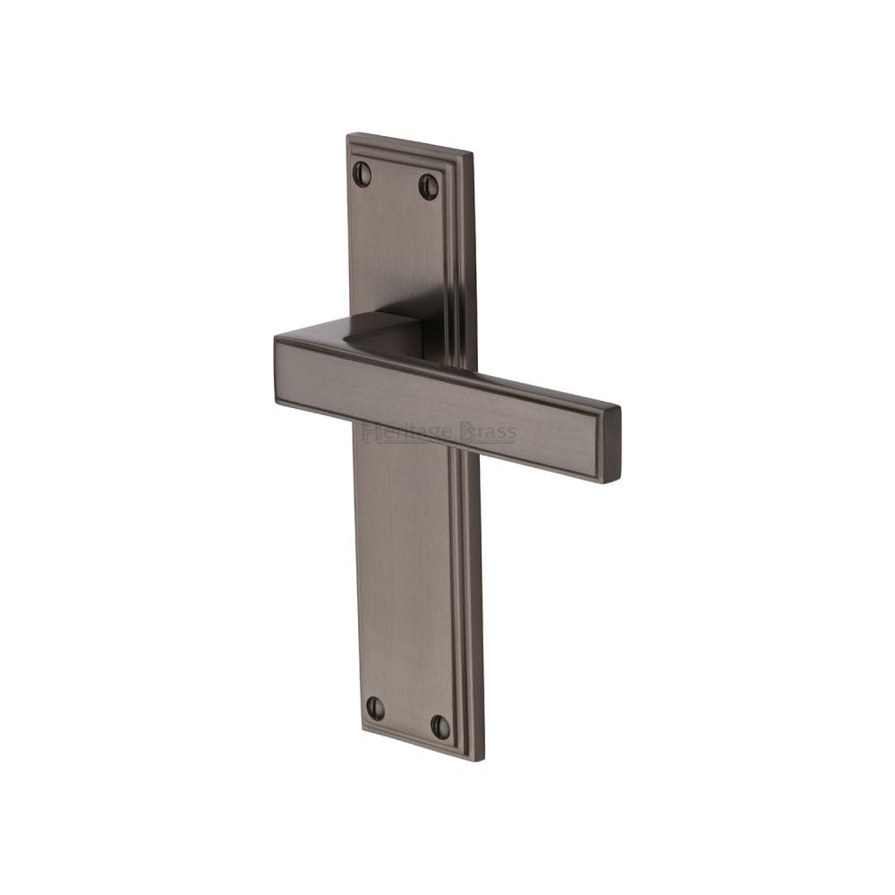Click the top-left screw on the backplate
click(x=362, y=174)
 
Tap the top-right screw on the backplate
click(x=429, y=186)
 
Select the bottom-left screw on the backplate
click(x=375, y=708)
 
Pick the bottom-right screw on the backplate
click(x=440, y=727)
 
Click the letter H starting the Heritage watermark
click(x=369, y=433)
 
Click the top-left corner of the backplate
click(x=348, y=135)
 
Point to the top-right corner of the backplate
click(x=471, y=154)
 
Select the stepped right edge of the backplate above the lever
click(x=462, y=260)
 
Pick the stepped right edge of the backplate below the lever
click(x=471, y=609)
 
